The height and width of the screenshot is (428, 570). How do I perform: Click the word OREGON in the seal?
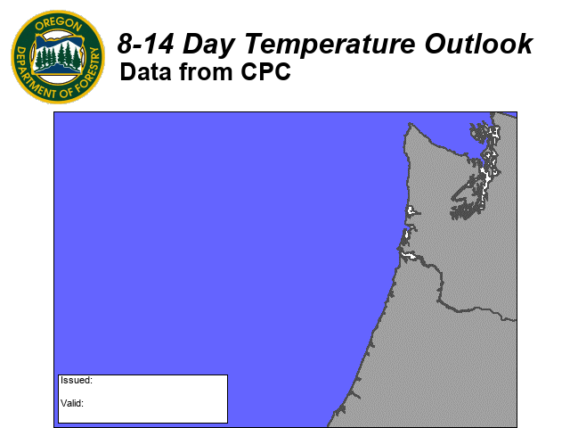(x=58, y=24)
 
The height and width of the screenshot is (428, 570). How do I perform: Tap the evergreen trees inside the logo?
(x=59, y=55)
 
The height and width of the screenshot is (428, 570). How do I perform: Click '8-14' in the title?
(x=145, y=44)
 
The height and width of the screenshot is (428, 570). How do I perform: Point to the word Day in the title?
(x=208, y=45)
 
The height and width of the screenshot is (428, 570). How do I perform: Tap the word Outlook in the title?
(x=478, y=44)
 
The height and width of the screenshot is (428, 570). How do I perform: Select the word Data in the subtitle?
(x=145, y=71)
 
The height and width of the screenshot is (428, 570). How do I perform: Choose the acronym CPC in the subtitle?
(x=265, y=71)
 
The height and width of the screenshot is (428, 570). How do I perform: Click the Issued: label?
(x=77, y=381)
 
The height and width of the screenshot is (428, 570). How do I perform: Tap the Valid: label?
(x=72, y=403)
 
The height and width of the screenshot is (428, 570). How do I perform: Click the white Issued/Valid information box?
(x=142, y=399)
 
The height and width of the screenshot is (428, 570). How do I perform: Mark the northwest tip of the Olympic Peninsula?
(x=410, y=124)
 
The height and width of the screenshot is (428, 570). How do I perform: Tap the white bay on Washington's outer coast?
(x=411, y=210)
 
